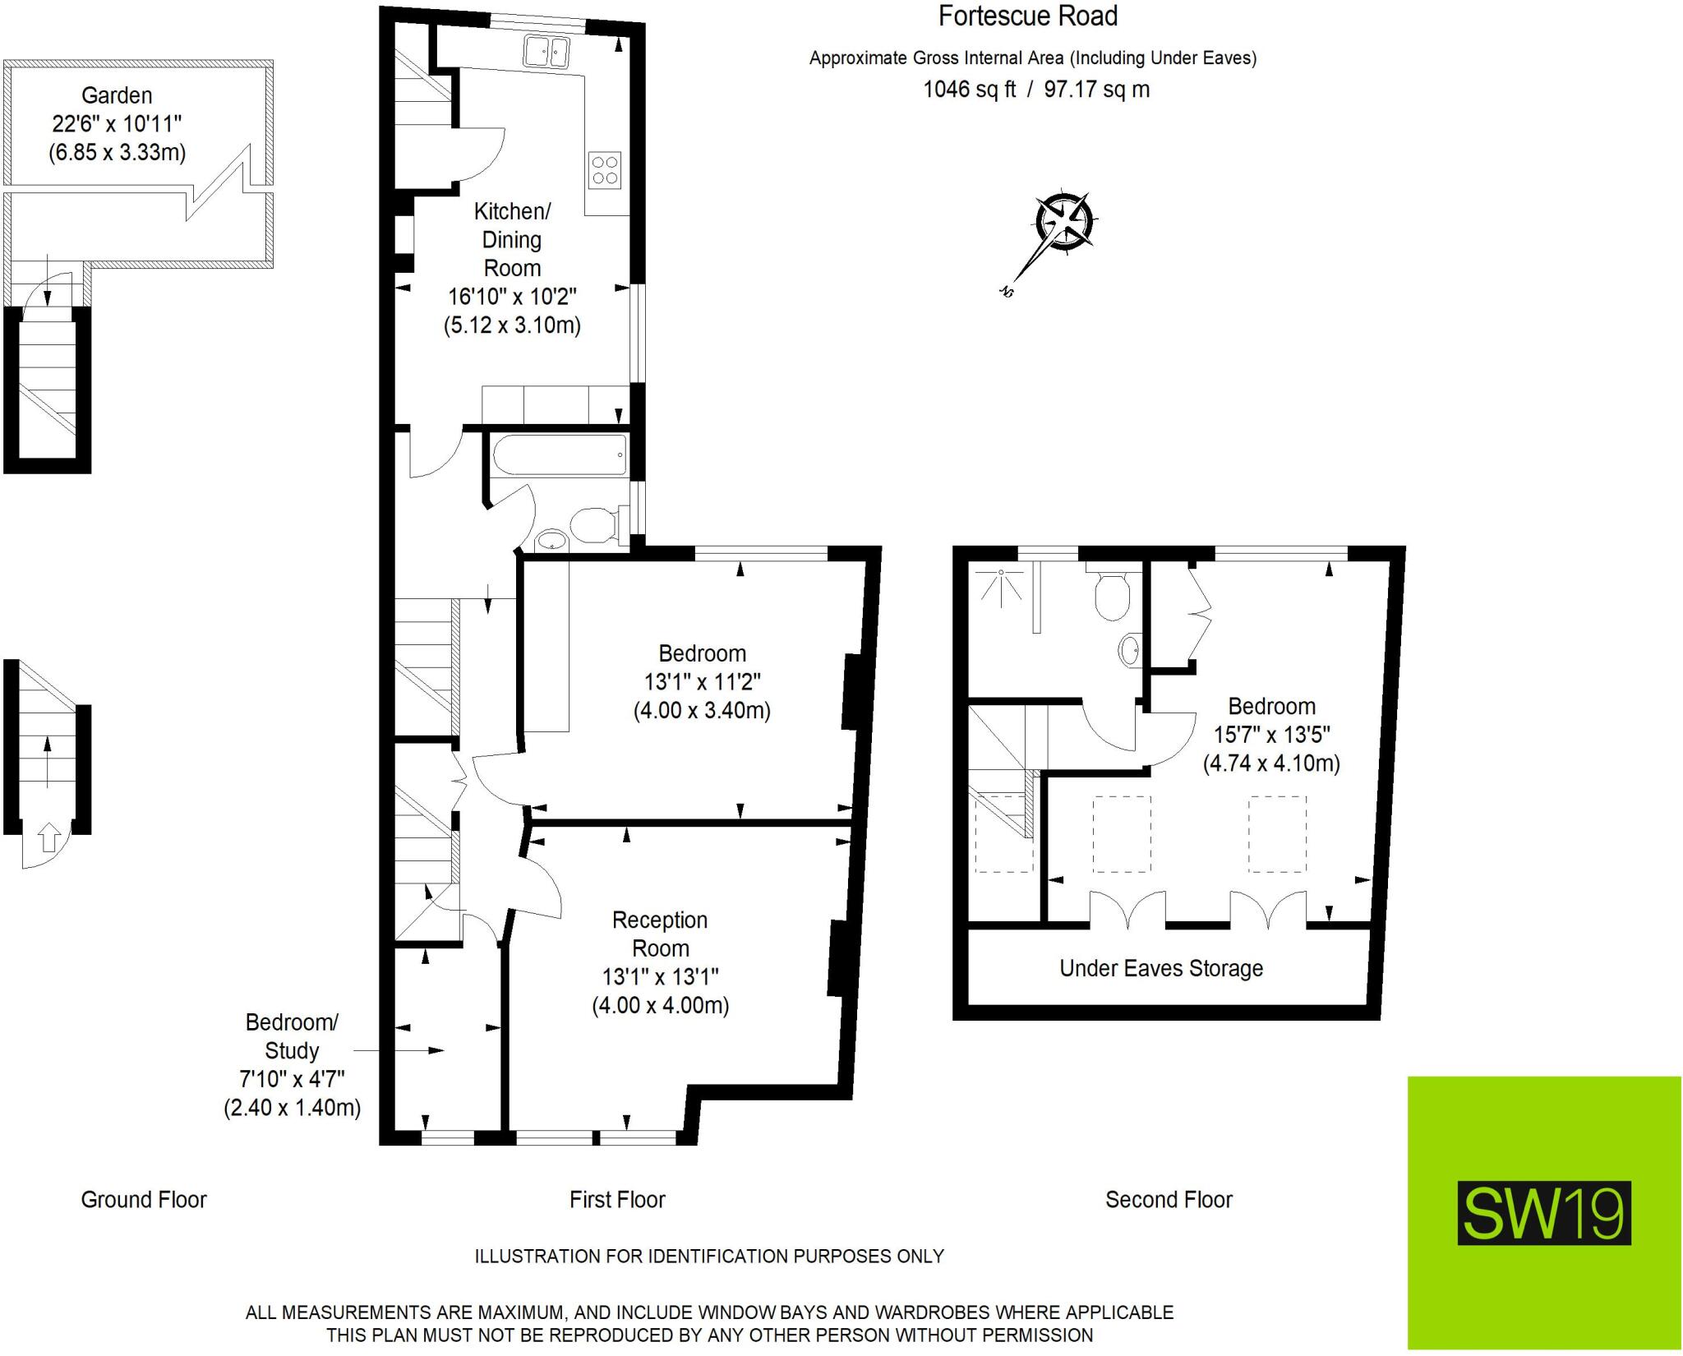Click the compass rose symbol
click(x=1066, y=222)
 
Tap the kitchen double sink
click(x=546, y=51)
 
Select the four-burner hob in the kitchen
click(x=605, y=170)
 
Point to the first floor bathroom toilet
click(x=594, y=526)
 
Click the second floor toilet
click(x=1113, y=595)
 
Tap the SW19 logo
click(x=1544, y=1213)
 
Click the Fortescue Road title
click(x=1028, y=16)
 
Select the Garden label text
click(x=117, y=95)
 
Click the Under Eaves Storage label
click(x=1161, y=968)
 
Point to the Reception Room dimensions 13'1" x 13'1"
click(x=660, y=976)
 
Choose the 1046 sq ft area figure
click(x=970, y=89)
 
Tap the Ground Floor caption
click(x=144, y=1200)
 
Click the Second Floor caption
click(x=1169, y=1200)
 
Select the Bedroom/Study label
click(x=292, y=1036)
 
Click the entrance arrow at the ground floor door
click(x=49, y=837)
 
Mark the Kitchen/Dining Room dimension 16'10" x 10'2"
click(x=512, y=297)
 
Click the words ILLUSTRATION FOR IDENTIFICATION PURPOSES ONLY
click(x=709, y=1256)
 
